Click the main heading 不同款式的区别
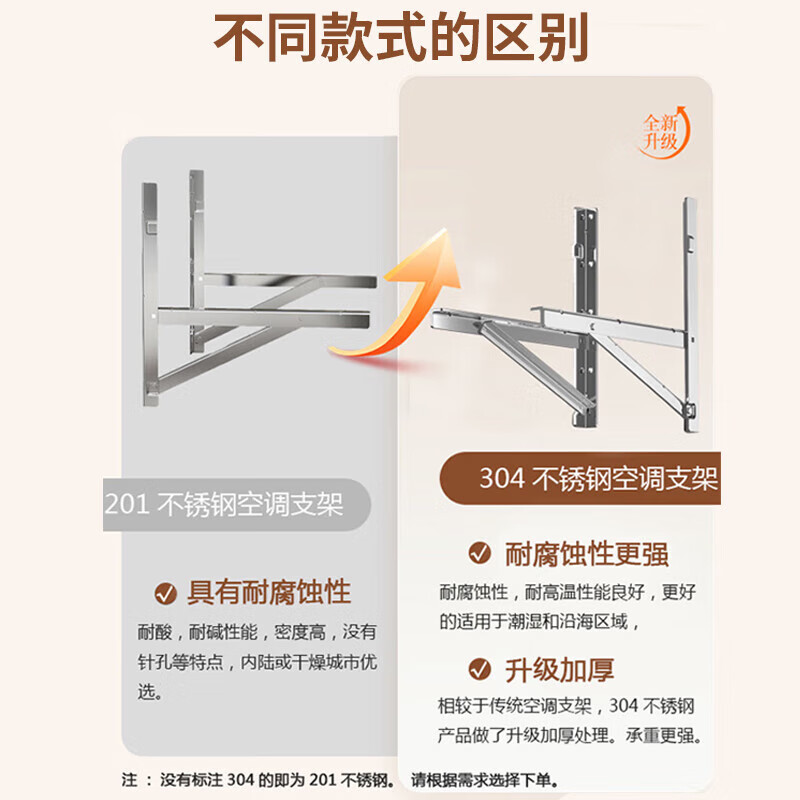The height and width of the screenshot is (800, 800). click(401, 39)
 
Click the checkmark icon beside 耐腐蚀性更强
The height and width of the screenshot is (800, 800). click(480, 553)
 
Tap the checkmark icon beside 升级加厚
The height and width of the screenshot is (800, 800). click(480, 668)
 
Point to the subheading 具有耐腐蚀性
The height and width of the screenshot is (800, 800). click(269, 592)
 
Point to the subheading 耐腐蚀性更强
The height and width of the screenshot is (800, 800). click(587, 553)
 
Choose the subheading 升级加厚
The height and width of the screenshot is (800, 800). click(560, 668)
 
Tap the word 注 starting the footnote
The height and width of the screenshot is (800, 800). click(129, 779)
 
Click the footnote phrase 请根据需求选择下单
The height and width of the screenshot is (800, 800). click(485, 779)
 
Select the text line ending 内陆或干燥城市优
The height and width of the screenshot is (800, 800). click(257, 662)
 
